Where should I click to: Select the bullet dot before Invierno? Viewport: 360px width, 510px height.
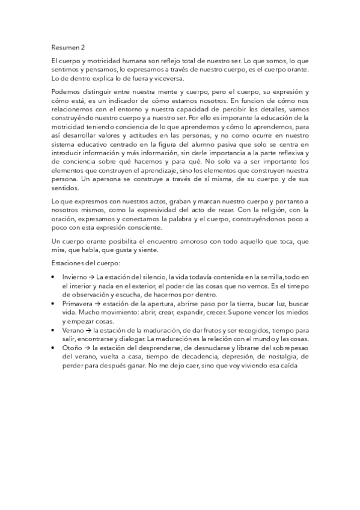tap(55, 277)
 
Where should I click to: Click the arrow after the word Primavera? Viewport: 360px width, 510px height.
tap(88, 304)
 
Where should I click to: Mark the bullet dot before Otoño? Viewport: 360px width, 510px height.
tap(55, 348)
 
